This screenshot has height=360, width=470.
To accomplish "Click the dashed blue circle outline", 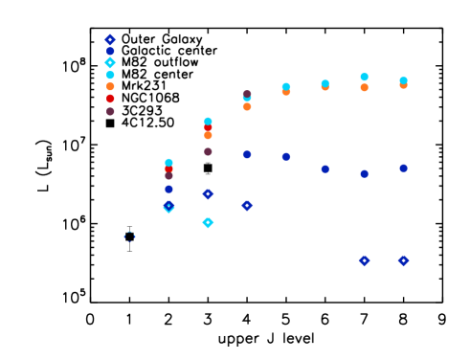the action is [x=129, y=236].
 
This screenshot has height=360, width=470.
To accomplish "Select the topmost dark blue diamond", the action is [x=110, y=40].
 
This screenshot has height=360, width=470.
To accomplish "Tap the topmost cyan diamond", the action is [x=110, y=62].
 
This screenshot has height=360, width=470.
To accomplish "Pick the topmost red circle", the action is [x=110, y=99].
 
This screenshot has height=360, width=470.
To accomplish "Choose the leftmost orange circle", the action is [x=110, y=86].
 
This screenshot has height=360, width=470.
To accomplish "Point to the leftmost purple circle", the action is [x=110, y=111].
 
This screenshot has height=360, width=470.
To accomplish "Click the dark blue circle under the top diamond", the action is [x=110, y=51].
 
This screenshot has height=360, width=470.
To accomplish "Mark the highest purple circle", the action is [x=247, y=95].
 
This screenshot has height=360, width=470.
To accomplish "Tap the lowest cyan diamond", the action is [x=208, y=222].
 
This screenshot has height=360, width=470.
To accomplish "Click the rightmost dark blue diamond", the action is [x=403, y=260].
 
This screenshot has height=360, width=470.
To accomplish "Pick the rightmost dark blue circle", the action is [x=403, y=168].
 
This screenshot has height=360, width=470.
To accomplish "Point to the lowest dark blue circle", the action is [x=168, y=189].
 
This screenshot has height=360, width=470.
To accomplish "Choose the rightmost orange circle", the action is [x=403, y=85].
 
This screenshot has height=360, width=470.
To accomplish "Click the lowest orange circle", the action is [x=208, y=135].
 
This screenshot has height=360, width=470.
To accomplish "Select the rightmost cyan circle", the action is [x=403, y=80].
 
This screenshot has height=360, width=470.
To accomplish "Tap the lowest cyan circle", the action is [x=168, y=163].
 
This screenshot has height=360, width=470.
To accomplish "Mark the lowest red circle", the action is [x=168, y=169].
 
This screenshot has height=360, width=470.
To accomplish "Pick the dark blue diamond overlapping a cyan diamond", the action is [x=168, y=205].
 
